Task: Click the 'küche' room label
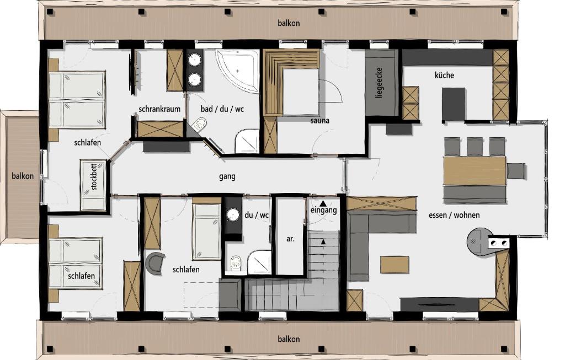444,75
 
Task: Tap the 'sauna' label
319,121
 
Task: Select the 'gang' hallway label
227,176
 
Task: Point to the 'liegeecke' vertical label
379,83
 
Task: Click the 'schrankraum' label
159,109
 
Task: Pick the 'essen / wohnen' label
454,215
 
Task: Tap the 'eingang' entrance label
323,210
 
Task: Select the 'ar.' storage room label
290,238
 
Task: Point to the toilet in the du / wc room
236,262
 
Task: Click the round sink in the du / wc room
233,215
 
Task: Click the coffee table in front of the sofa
395,265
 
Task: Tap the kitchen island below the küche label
454,104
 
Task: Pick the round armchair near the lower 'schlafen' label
155,263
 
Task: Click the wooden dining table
475,171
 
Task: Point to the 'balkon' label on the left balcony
23,176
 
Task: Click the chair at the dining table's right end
516,170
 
